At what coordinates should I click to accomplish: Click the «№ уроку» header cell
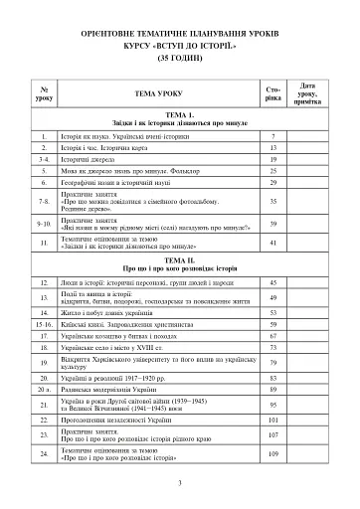[43, 92]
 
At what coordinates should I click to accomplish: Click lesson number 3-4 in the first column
[43, 158]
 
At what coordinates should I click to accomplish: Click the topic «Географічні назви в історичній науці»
[123, 183]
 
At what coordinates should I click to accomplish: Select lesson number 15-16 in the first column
[43, 324]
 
